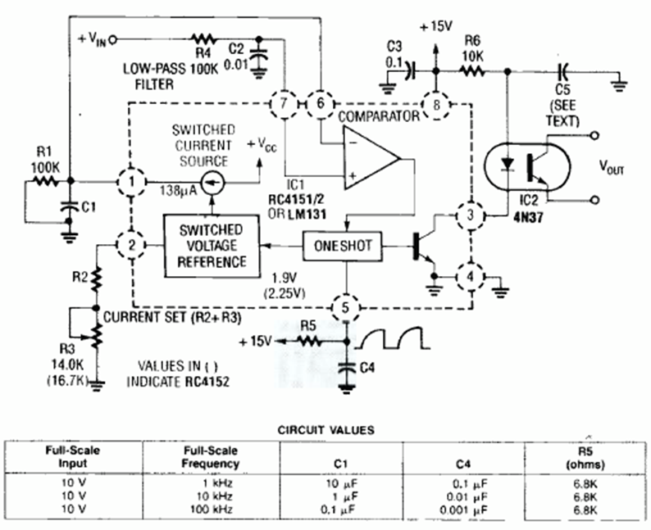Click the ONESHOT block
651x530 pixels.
[344, 246]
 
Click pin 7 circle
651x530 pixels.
[285, 104]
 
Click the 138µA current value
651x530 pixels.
[175, 188]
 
